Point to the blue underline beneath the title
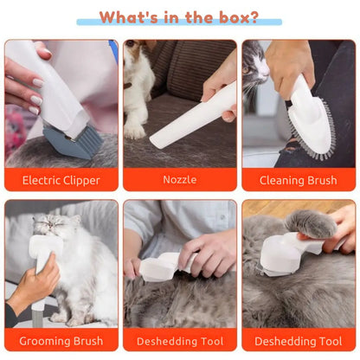pos(179,23)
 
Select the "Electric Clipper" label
pos(61,181)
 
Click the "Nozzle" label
pos(179,181)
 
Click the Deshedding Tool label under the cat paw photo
pos(298,340)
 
